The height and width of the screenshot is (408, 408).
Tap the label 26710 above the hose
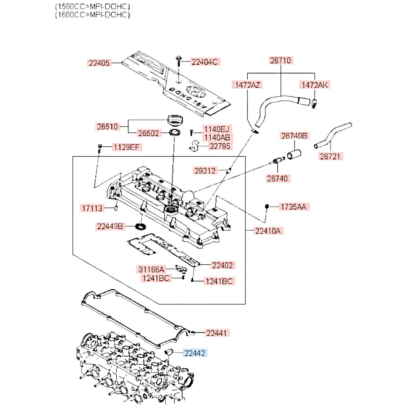[280, 60]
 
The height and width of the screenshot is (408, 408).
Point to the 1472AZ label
[247, 85]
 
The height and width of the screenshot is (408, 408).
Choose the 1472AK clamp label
[315, 85]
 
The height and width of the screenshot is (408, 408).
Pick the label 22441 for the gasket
[216, 333]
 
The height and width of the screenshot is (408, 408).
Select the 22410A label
[268, 231]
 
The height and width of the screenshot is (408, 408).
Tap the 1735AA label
[292, 207]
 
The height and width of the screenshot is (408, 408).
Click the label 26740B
[294, 135]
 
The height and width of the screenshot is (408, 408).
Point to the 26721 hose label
[331, 156]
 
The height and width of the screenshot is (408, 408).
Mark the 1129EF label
[126, 146]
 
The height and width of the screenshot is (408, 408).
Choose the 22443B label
[109, 226]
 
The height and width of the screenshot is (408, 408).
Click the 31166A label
[151, 269]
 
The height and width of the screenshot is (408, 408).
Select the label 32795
[219, 146]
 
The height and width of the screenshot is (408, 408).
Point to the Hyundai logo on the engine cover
[195, 91]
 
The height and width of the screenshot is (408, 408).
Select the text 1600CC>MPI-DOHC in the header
[93, 15]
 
